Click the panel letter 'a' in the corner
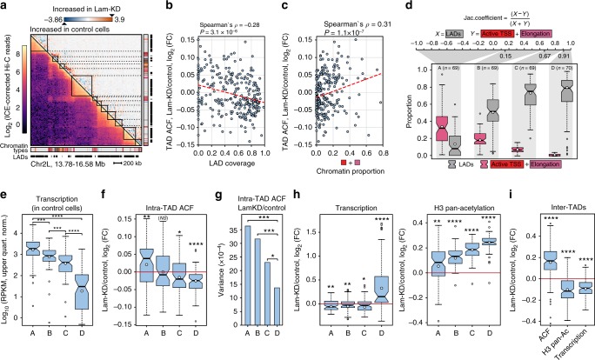[4, 5]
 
